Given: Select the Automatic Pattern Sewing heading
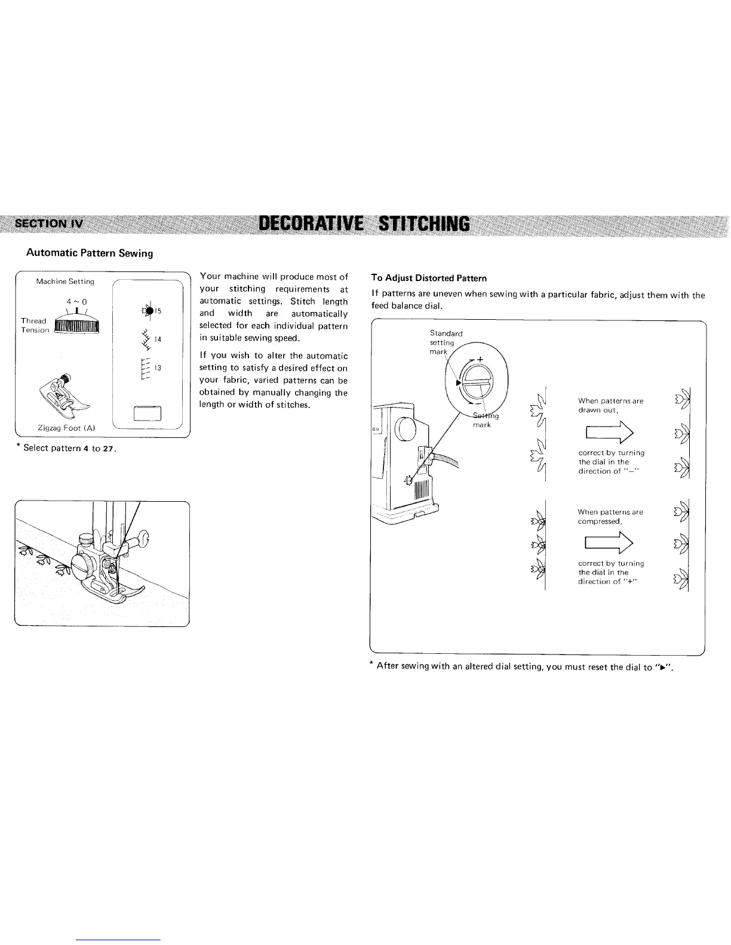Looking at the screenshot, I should coord(90,253).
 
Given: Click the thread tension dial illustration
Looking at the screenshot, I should coord(76,326).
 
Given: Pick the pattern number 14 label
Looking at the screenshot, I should coord(158,339).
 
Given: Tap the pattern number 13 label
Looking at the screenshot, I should coord(158,368).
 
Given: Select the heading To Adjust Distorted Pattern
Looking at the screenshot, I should coord(429,278).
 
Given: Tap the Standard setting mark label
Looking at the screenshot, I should coord(446,342).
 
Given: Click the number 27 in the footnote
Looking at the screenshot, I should coord(107,449).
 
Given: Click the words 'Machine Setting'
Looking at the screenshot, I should coord(65,281).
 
